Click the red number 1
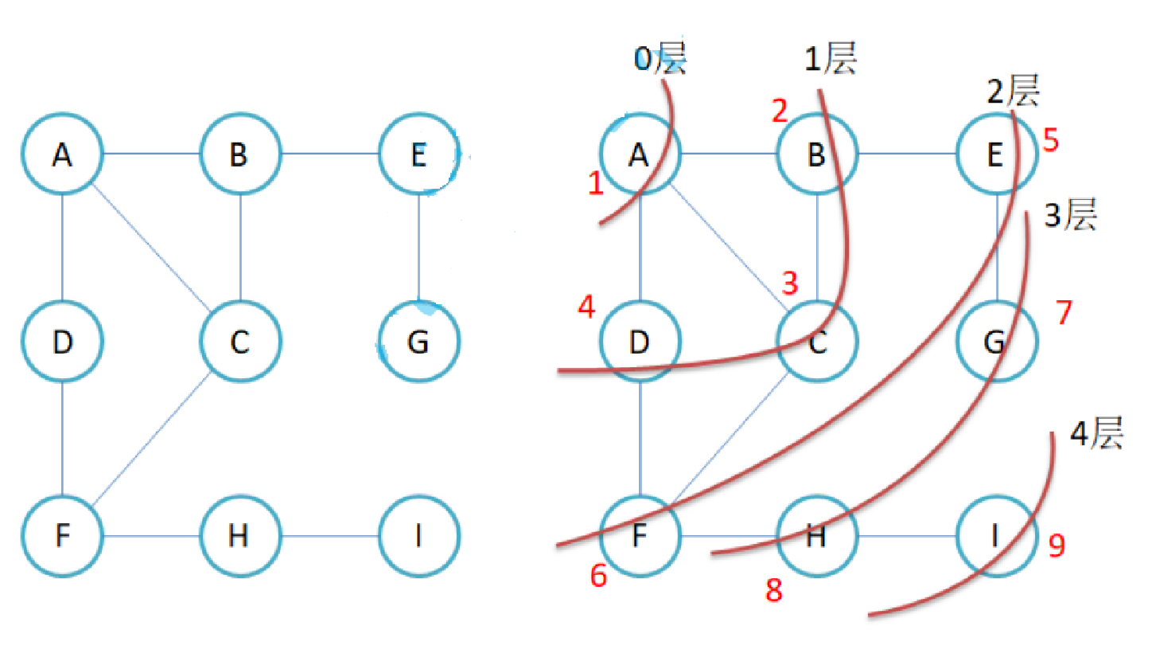(594, 185)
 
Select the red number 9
(1057, 545)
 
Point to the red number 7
(1064, 314)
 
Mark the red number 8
(773, 590)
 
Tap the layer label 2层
(1013, 94)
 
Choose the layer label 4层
(1096, 436)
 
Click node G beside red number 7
(995, 342)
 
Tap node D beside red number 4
(640, 342)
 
